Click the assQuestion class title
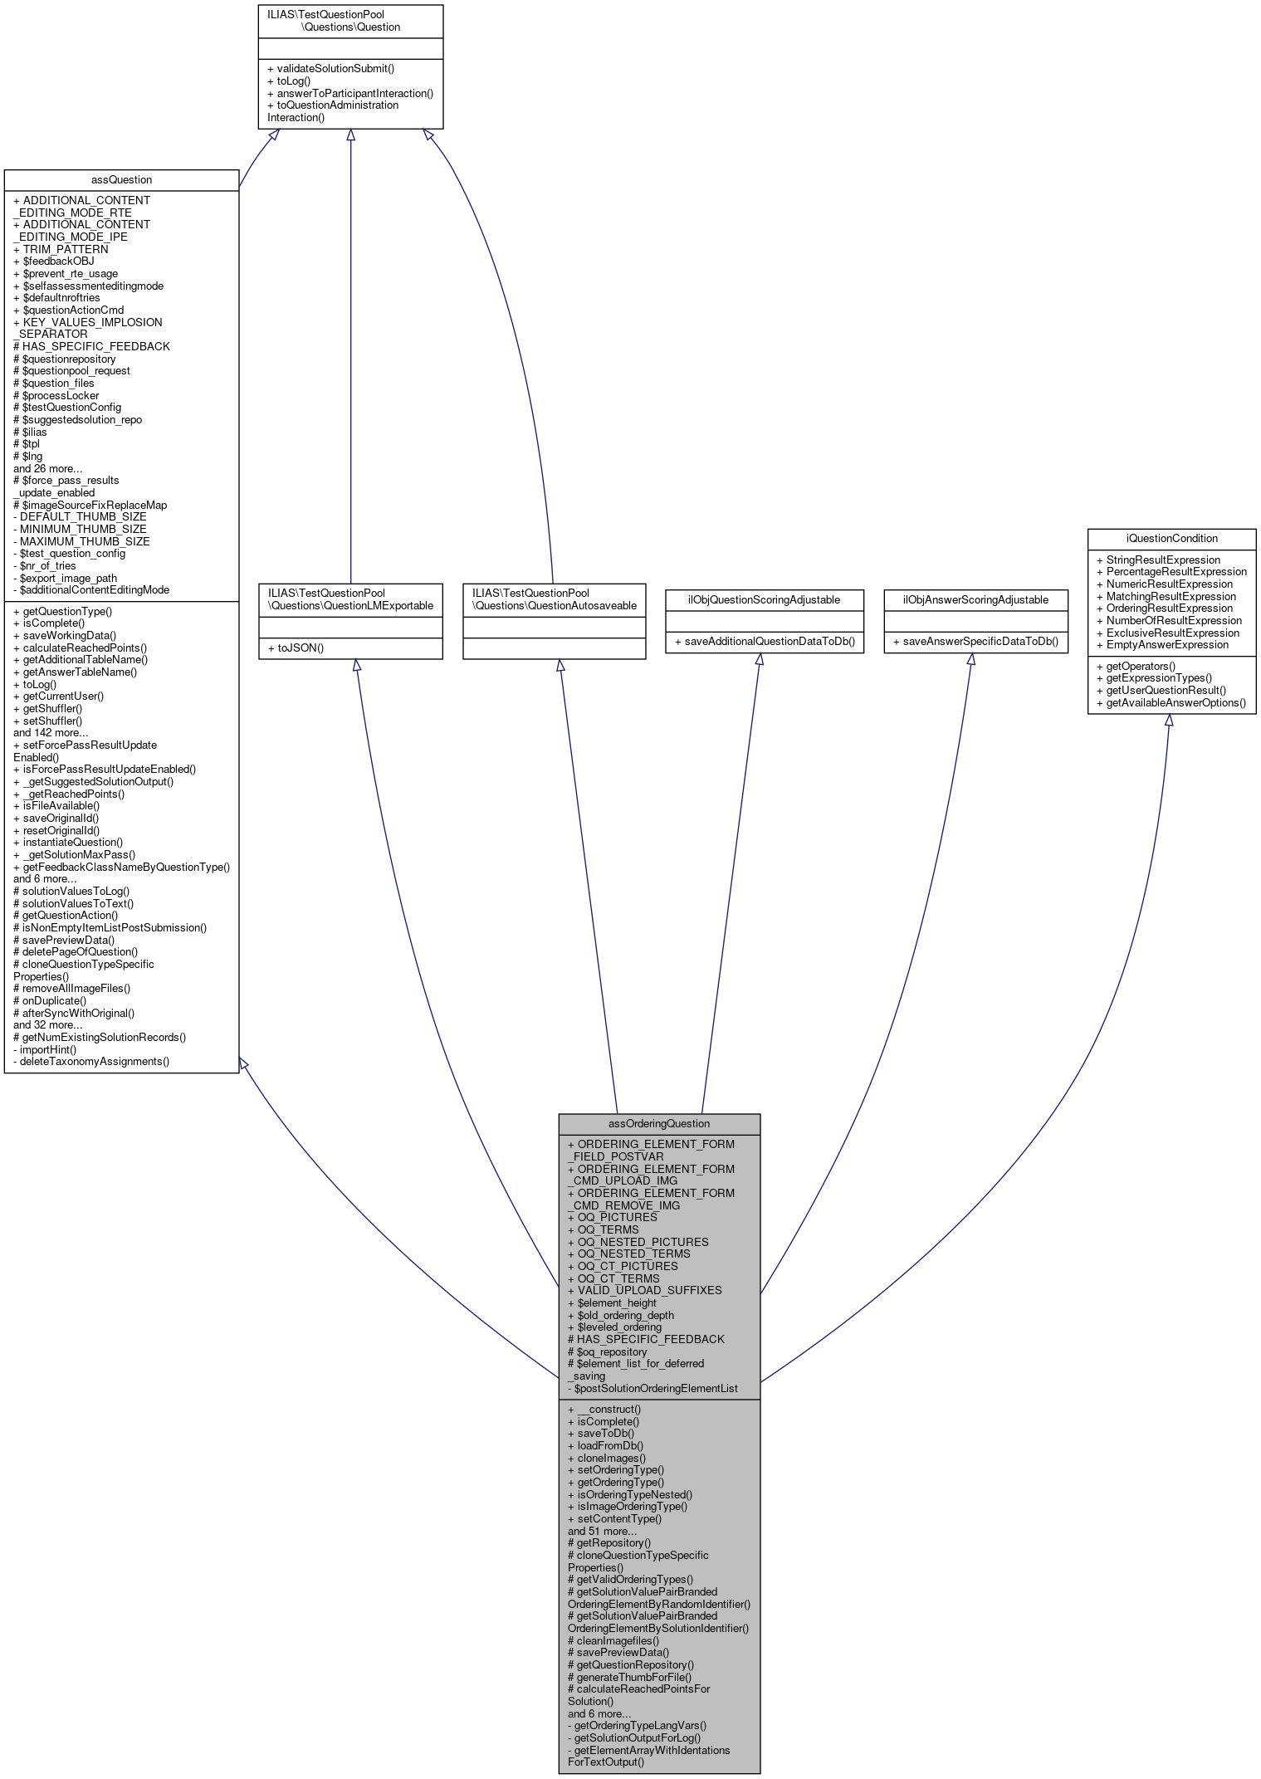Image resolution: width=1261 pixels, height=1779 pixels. tap(121, 180)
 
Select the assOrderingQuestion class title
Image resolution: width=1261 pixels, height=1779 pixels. tap(659, 1123)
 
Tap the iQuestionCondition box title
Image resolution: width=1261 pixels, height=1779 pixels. tap(1171, 538)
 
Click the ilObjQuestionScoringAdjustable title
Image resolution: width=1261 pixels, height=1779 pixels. tap(764, 599)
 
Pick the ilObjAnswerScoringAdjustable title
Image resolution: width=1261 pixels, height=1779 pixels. tap(975, 599)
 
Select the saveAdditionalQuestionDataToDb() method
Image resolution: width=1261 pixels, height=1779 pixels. tap(764, 642)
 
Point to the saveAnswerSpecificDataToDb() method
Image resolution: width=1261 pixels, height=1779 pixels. tap(975, 642)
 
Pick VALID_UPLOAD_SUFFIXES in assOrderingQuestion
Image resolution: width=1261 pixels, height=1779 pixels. tap(644, 1290)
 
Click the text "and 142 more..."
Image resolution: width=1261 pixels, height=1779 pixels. tap(51, 732)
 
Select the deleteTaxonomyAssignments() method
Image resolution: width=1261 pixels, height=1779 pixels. tap(91, 1061)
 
